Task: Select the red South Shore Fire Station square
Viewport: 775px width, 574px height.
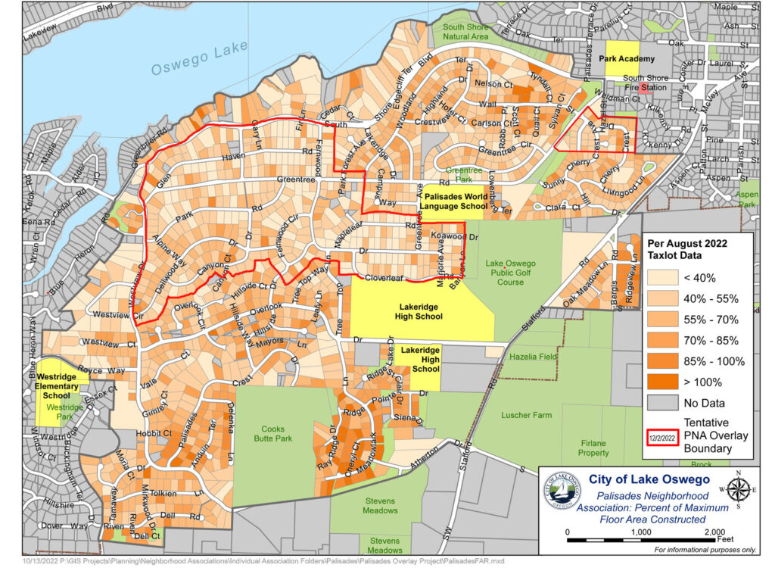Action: click(x=645, y=88)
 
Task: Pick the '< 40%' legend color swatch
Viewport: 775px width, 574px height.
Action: click(x=662, y=277)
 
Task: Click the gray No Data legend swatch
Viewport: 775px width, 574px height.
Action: click(x=662, y=402)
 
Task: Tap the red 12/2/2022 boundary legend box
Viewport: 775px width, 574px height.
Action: click(x=659, y=437)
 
